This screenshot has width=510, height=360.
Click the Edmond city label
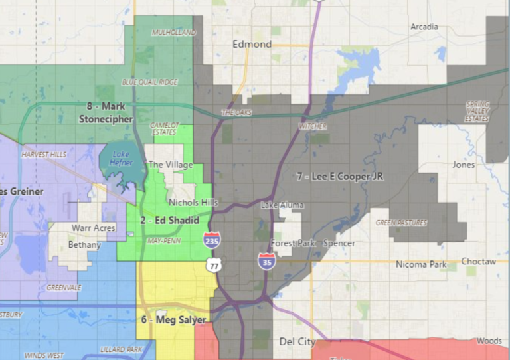pyautogui.click(x=252, y=44)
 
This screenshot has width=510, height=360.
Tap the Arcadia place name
pyautogui.click(x=424, y=27)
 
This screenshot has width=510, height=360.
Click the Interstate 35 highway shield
pyautogui.click(x=264, y=259)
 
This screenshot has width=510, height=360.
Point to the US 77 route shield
pyautogui.click(x=214, y=265)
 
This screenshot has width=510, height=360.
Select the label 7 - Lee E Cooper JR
pyautogui.click(x=340, y=177)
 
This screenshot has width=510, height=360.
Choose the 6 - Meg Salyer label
pyautogui.click(x=173, y=319)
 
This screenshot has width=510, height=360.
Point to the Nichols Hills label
pyautogui.click(x=193, y=202)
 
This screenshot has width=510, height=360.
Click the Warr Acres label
pyautogui.click(x=90, y=228)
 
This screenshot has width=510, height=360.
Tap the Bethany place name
pyautogui.click(x=84, y=245)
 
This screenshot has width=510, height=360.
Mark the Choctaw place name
pyautogui.click(x=479, y=262)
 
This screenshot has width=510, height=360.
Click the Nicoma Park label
pyautogui.click(x=421, y=264)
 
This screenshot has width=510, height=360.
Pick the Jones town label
pyautogui.click(x=464, y=164)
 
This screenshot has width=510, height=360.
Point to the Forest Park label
pyautogui.click(x=293, y=244)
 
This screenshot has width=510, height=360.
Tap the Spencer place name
pyautogui.click(x=339, y=244)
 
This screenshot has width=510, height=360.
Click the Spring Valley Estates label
pyautogui.click(x=477, y=111)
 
